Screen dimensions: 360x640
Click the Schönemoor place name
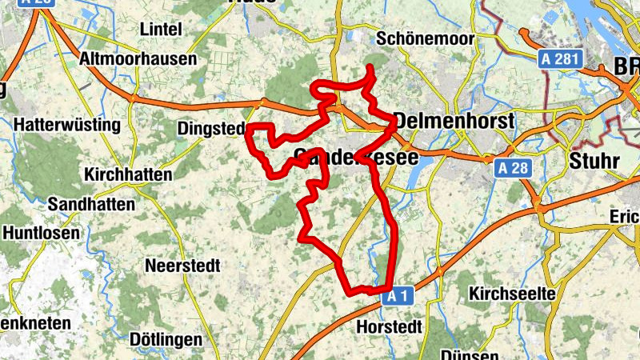pos(425,38)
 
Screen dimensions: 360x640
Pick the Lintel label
pos(161,29)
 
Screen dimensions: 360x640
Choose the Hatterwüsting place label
pos(67,126)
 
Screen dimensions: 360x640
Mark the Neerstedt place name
pos(182,265)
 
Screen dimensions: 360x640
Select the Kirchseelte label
pos(512,294)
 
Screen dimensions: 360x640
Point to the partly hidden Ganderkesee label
pos(355,158)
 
